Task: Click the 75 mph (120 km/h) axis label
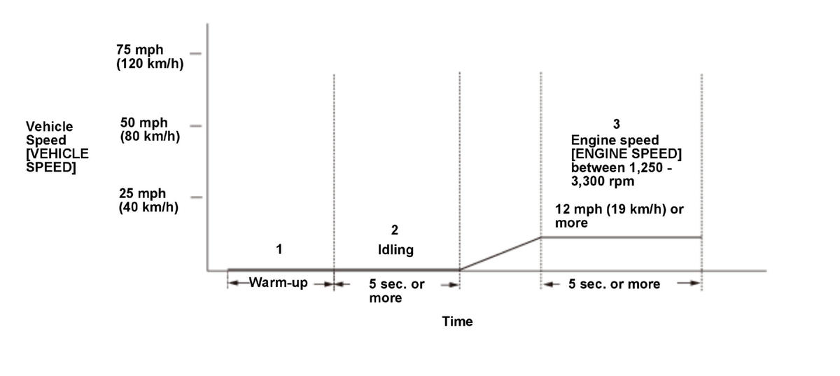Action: point(150,55)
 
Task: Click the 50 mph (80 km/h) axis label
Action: point(150,130)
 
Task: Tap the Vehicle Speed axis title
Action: point(57,147)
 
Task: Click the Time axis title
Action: point(457,321)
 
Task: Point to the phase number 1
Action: point(279,249)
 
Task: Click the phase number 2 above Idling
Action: point(395,230)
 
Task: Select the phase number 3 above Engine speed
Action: point(616,124)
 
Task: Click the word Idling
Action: point(395,250)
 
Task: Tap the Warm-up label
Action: point(279,284)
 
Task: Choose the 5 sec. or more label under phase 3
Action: point(613,284)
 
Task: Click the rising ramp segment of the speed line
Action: point(500,253)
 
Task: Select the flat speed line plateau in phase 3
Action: point(621,237)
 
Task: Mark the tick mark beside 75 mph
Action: point(195,53)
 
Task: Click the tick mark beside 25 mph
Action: point(196,197)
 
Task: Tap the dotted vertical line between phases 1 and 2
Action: point(334,175)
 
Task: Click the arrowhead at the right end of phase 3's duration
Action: point(696,284)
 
